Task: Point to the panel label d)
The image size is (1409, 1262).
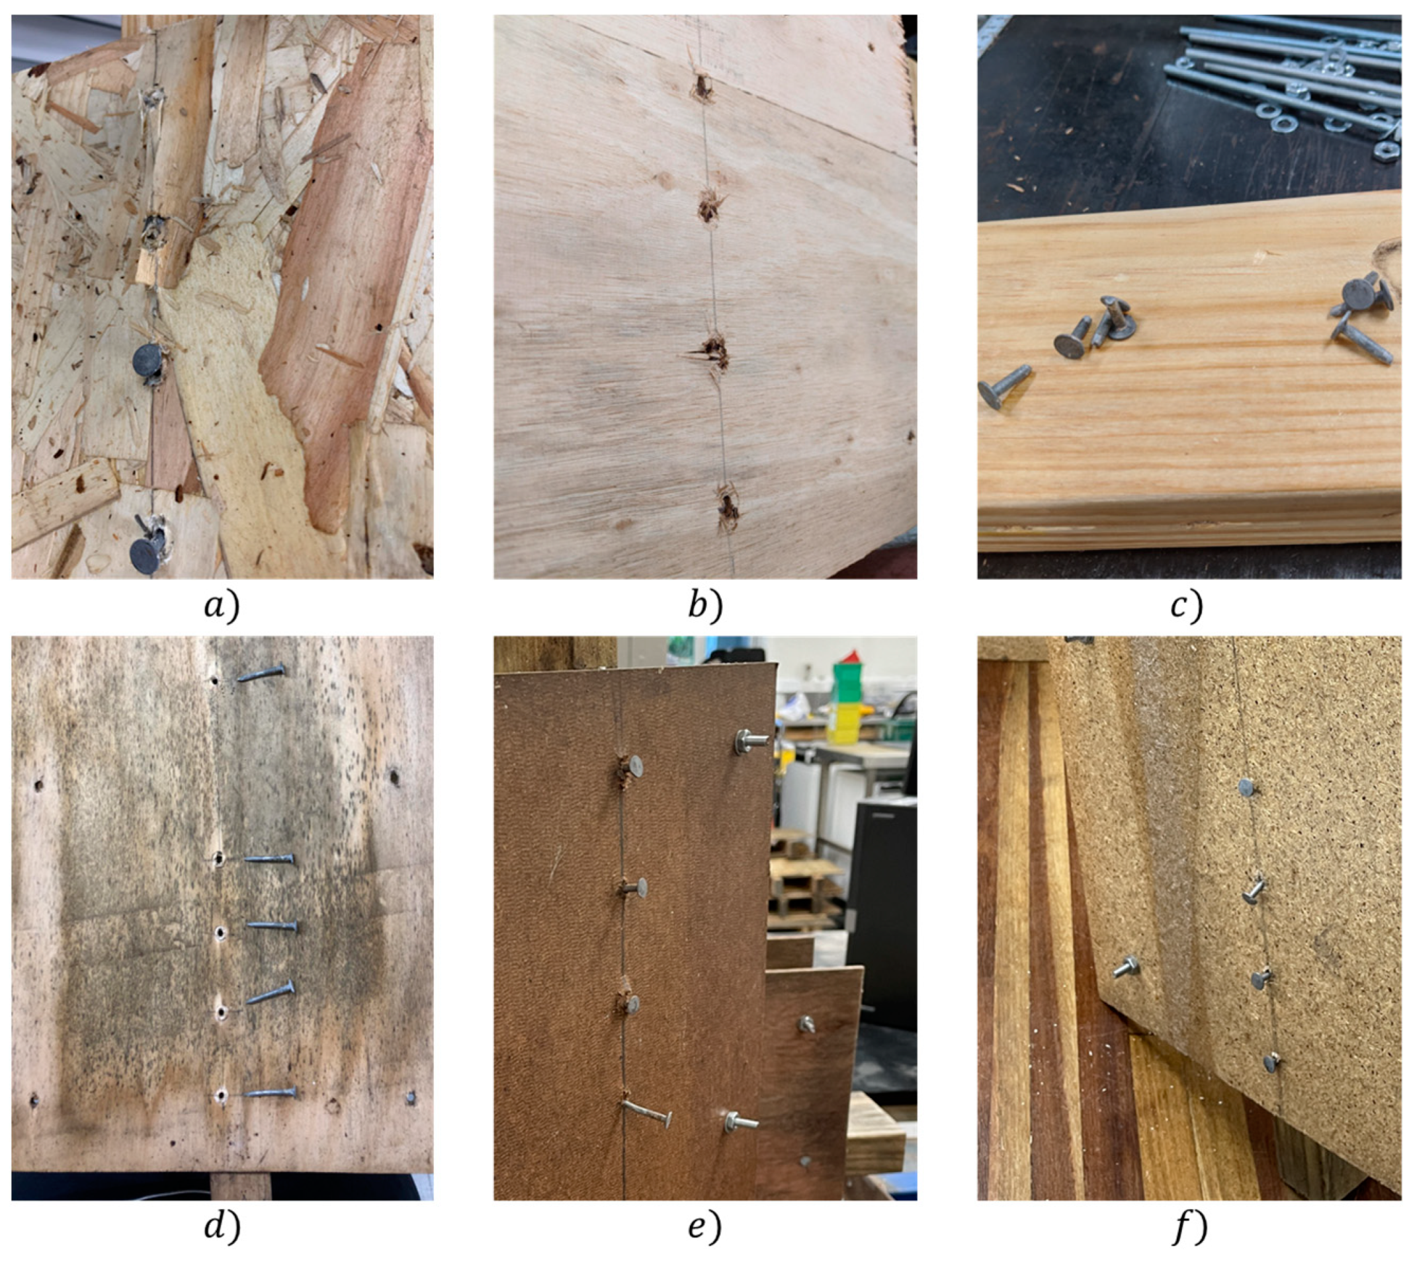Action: (x=222, y=1228)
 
